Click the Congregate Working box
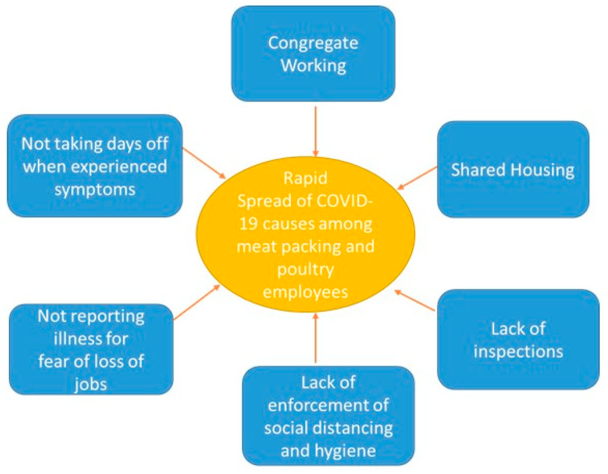click(x=313, y=53)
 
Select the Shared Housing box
click(x=512, y=169)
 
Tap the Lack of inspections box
click(x=518, y=339)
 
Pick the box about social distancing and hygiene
click(x=328, y=416)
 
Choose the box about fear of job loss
click(x=91, y=350)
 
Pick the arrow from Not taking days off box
click(x=204, y=162)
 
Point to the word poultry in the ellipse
click(x=306, y=270)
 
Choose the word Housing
click(x=544, y=170)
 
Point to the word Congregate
click(x=313, y=43)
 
